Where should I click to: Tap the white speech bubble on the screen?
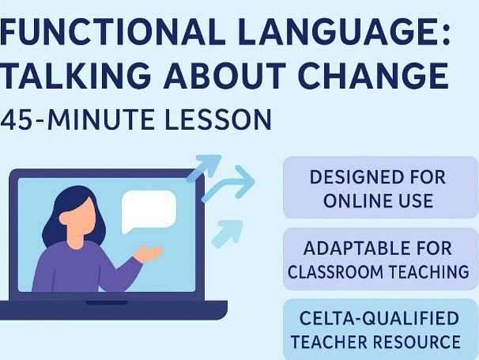tap(148, 210)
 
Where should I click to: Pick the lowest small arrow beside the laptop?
tap(230, 231)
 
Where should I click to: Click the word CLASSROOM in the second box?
tap(338, 272)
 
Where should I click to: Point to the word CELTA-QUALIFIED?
tap(379, 319)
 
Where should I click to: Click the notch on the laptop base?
tap(107, 302)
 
